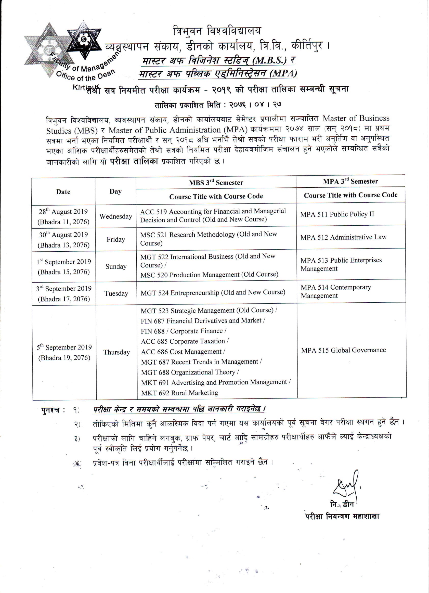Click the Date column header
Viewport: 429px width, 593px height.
pyautogui.click(x=63, y=192)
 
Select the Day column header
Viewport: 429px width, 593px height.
pyautogui.click(x=115, y=192)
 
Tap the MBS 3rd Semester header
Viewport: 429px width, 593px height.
pyautogui.click(x=216, y=183)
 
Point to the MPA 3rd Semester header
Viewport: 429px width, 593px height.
pyautogui.click(x=350, y=181)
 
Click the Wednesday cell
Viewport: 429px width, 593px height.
pyautogui.click(x=116, y=216)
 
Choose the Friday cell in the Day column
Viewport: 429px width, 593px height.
pyautogui.click(x=116, y=239)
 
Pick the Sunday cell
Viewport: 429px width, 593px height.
pyautogui.click(x=116, y=266)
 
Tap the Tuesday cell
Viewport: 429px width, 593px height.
pyautogui.click(x=116, y=293)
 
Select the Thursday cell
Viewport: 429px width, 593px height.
pyautogui.click(x=116, y=352)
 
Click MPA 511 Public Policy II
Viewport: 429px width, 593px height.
pyautogui.click(x=337, y=214)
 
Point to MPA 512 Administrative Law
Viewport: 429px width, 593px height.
pyautogui.click(x=343, y=237)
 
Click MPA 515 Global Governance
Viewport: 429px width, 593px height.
pyautogui.click(x=343, y=350)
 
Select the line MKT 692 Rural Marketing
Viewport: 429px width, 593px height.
pyautogui.click(x=180, y=393)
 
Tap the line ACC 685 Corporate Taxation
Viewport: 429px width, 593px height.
pyautogui.click(x=185, y=341)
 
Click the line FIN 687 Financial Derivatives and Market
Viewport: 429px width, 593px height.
pyautogui.click(x=203, y=320)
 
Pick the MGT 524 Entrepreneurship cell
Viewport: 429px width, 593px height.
pyautogui.click(x=213, y=293)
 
